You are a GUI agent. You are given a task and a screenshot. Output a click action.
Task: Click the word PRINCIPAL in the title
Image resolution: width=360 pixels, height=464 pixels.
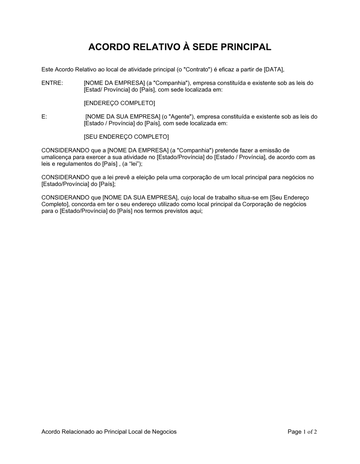[247, 47]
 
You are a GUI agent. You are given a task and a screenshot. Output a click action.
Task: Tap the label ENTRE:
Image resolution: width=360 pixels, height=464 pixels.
[52, 83]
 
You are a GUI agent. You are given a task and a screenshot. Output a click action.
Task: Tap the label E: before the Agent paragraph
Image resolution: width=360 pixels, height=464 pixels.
[44, 117]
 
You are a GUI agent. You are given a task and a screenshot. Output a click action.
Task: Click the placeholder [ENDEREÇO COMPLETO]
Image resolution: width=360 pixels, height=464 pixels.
[119, 103]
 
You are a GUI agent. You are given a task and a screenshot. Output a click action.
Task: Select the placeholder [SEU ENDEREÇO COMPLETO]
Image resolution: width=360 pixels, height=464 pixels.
[126, 137]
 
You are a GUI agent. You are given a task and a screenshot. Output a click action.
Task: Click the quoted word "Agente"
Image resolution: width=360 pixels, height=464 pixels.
[181, 117]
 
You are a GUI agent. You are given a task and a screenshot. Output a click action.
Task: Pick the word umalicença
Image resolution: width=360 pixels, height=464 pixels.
[56, 157]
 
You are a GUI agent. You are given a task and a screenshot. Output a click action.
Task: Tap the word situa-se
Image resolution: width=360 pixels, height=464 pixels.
[258, 197]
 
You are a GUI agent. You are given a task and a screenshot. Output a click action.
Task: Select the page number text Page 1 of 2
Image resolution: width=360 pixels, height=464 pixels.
[302, 432]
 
